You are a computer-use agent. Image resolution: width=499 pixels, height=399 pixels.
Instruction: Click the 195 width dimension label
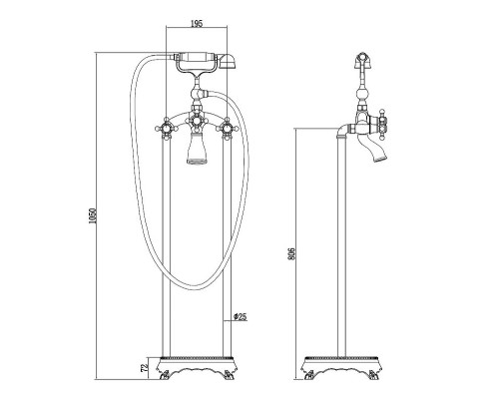pos(197,23)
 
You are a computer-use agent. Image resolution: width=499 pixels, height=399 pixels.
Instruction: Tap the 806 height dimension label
pos(291,254)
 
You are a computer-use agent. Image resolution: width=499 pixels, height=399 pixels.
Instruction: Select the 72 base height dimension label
pos(144,368)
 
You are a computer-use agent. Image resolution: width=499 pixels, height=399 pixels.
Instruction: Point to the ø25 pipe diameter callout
pos(240,317)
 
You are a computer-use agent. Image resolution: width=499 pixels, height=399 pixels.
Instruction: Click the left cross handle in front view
pos(166,129)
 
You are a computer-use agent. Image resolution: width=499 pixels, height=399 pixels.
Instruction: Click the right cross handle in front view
pos(228,128)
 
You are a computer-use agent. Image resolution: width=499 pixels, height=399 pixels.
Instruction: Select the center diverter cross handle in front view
pos(197,121)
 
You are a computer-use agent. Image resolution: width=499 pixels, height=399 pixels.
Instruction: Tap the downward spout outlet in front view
pos(197,148)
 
